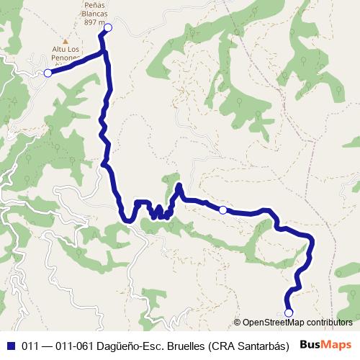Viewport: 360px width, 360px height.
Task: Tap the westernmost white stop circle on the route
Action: pos(48,73)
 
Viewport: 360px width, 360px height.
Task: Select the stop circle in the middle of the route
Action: pos(223,210)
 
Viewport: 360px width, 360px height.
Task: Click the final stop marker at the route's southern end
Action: pos(289,312)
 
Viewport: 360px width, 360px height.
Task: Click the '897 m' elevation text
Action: pos(93,23)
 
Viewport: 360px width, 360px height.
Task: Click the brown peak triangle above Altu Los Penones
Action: pos(66,41)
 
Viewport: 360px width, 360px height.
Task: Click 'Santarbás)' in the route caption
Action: pos(268,344)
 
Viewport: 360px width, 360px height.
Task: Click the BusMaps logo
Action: pos(325,343)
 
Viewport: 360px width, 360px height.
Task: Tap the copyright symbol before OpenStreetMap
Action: pos(238,323)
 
